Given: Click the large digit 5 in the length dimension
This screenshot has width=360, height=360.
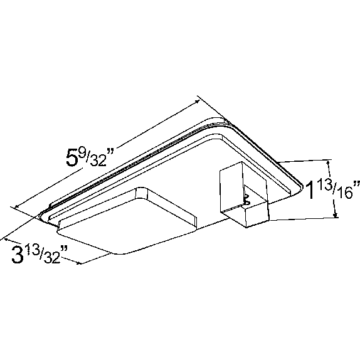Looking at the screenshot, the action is point(73,157).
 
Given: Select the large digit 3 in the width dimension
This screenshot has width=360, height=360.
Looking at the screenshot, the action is point(18,254).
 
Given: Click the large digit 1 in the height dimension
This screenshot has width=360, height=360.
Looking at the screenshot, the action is point(311,190).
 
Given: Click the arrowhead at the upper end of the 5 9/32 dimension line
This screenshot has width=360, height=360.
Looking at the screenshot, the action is point(197,102).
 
